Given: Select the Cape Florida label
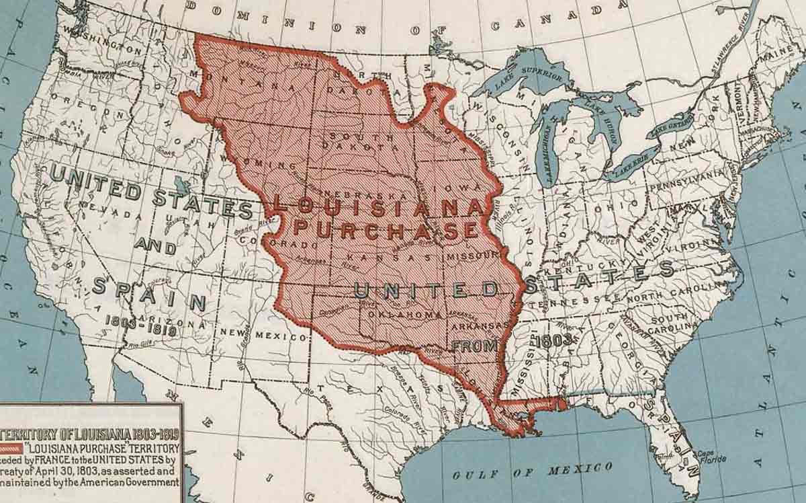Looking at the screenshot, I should pos(711,457).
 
